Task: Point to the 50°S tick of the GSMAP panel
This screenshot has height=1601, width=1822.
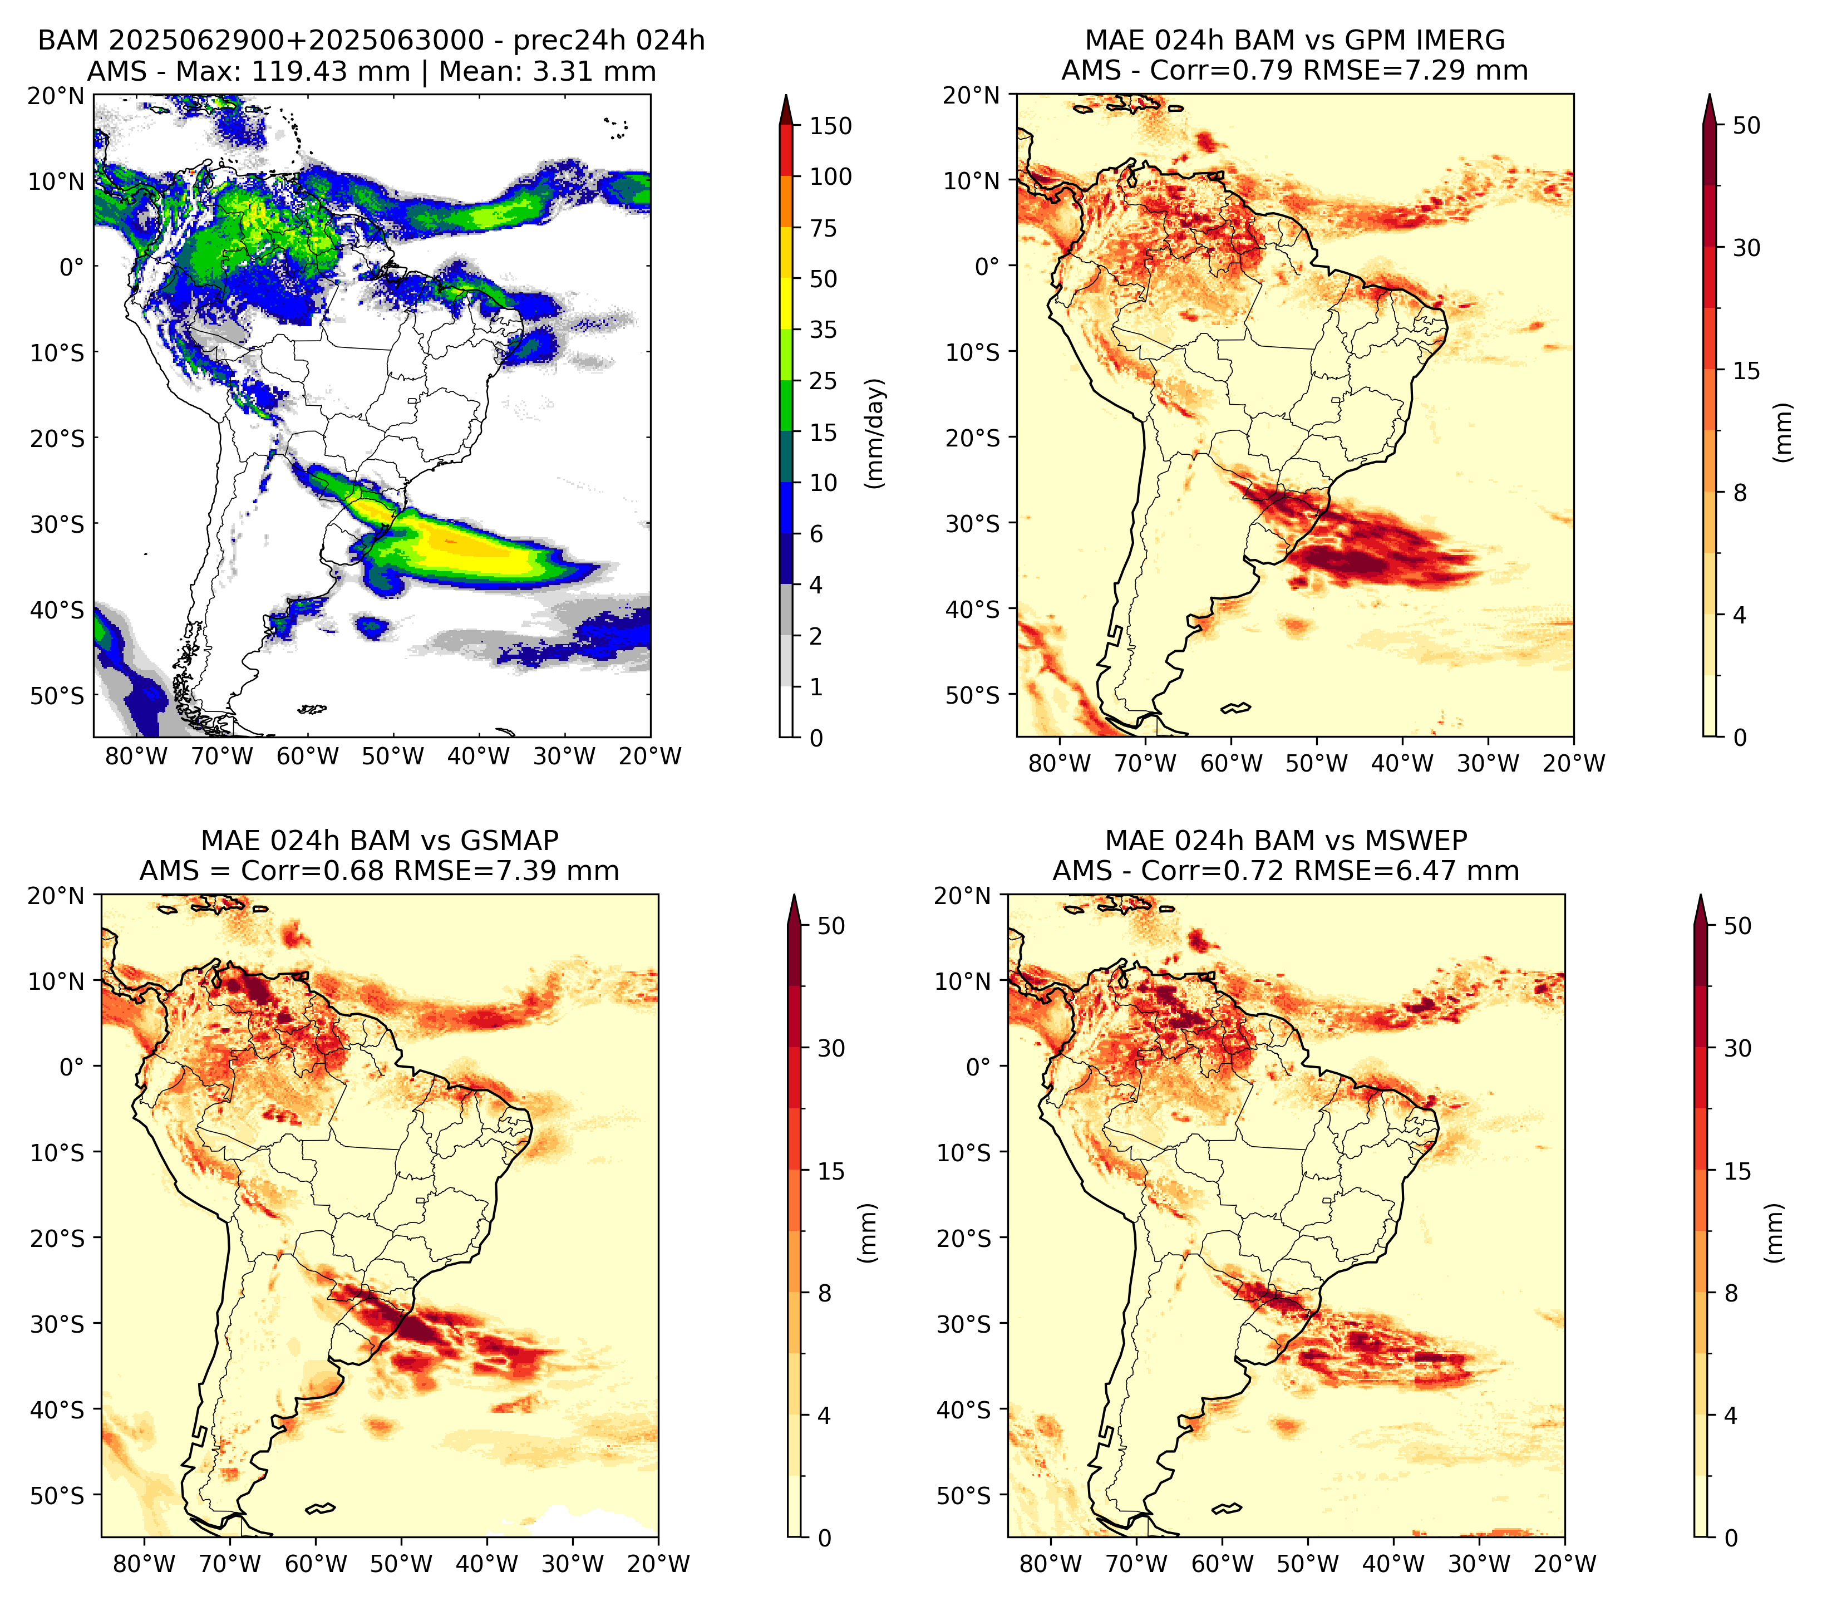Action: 57,1495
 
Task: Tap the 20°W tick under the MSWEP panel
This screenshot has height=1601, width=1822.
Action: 1564,1564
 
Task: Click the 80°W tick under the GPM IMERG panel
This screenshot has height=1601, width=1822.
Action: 1059,764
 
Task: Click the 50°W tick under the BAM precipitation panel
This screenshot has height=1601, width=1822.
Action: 392,757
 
